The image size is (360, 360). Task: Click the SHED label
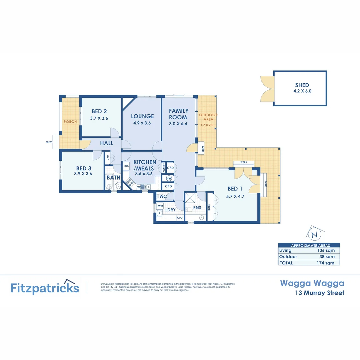click(x=302, y=85)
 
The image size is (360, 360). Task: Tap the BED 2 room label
click(x=99, y=111)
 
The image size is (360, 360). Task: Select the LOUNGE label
click(x=142, y=116)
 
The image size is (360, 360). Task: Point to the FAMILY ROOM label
click(x=178, y=114)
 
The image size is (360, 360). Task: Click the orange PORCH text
click(x=70, y=122)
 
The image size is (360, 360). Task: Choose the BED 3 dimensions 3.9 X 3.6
click(x=83, y=174)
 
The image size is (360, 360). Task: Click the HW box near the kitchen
click(x=169, y=178)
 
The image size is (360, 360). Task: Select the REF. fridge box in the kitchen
click(x=127, y=166)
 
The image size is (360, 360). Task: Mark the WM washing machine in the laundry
click(x=160, y=206)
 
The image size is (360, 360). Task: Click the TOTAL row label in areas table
click(x=286, y=263)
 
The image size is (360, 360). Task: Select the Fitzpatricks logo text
click(x=45, y=288)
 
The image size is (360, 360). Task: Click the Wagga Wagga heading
click(x=312, y=283)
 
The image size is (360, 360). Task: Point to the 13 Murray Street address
click(x=320, y=293)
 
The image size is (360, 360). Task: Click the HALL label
click(x=107, y=143)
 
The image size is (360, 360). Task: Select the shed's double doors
click(x=267, y=88)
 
